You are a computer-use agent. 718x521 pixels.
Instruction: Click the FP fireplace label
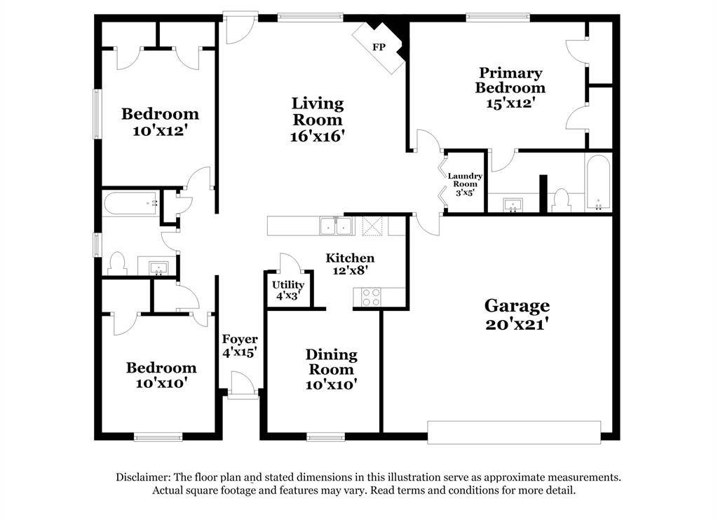point(379,47)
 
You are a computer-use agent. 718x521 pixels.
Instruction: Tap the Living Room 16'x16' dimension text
point(318,136)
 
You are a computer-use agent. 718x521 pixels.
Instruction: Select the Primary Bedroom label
point(510,80)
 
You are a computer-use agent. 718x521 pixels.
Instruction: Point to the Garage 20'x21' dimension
point(517,324)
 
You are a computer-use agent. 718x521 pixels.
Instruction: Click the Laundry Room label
point(465,180)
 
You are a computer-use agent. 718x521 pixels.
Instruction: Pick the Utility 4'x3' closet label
point(288,291)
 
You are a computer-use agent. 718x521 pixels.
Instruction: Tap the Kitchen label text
point(350,258)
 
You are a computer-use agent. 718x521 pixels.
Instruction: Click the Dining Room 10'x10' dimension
point(332,384)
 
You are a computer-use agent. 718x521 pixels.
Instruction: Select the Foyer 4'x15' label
point(240,346)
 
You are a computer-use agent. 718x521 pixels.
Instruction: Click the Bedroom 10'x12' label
point(161,122)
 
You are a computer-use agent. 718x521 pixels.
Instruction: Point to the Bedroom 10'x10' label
point(161,375)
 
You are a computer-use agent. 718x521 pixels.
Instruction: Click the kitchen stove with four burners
point(371,297)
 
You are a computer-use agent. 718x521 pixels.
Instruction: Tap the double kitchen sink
point(337,226)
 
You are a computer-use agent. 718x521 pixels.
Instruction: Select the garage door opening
point(514,432)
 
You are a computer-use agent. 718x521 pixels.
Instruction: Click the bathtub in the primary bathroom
point(598,183)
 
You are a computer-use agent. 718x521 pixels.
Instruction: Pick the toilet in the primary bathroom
point(561,201)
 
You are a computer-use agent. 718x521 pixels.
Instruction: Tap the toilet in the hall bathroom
point(118,264)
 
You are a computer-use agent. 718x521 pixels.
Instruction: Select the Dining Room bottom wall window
point(326,437)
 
